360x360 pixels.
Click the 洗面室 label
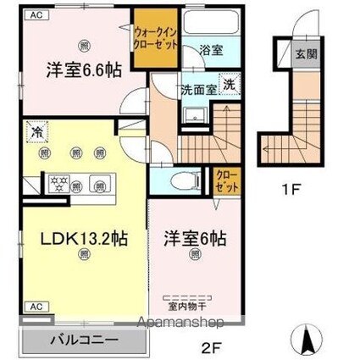point(194,86)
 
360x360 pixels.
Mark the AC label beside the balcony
point(37,307)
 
